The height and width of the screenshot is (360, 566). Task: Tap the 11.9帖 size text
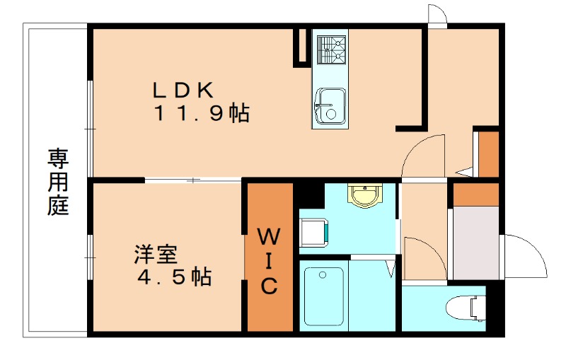(201, 113)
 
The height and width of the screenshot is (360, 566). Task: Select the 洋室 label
(156, 254)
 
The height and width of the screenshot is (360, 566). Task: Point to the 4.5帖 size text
(174, 277)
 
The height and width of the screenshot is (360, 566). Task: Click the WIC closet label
(269, 260)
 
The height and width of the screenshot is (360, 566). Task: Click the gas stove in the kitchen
(330, 49)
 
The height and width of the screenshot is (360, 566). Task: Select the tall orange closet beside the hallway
(489, 153)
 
